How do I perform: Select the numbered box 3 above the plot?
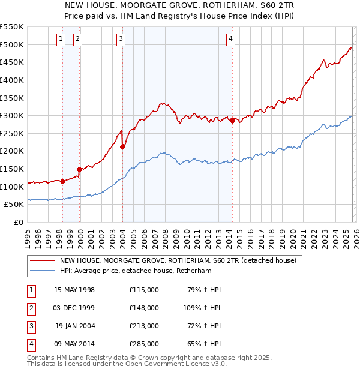(x=121, y=40)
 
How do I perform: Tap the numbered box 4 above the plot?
(x=230, y=40)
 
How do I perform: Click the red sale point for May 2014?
(x=232, y=121)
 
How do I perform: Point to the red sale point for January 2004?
(x=122, y=146)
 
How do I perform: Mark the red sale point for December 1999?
(x=79, y=169)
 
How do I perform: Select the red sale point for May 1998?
(x=62, y=181)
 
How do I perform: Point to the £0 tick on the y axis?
(x=19, y=222)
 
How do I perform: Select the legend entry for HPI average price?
(x=136, y=271)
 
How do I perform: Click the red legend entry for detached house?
(x=178, y=261)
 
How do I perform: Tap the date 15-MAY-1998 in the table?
(x=74, y=290)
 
